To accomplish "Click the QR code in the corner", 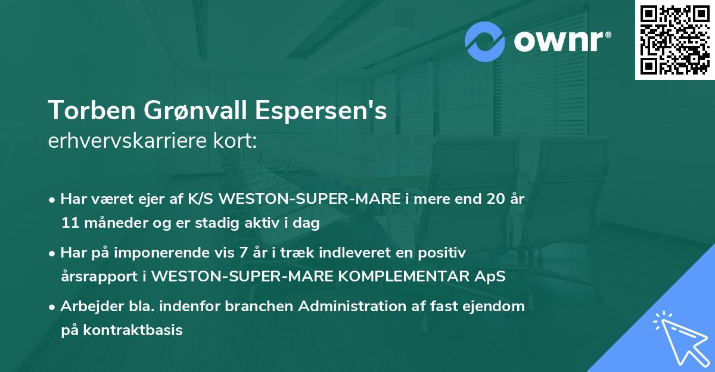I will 674,39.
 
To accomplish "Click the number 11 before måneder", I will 70,224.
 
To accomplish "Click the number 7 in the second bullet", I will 243,253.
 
